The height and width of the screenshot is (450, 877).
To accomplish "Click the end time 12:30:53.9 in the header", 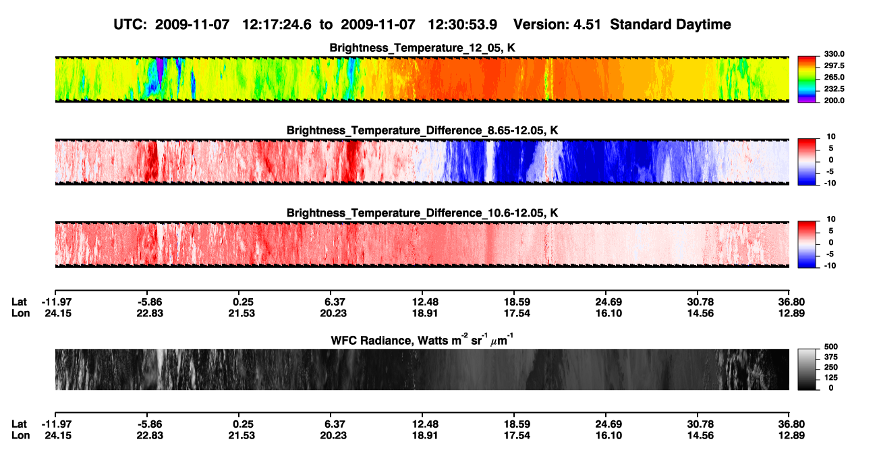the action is [x=462, y=25].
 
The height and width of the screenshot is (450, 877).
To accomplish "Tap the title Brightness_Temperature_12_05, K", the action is [x=422, y=48].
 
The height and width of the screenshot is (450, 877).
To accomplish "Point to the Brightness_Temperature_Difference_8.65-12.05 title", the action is [x=422, y=130].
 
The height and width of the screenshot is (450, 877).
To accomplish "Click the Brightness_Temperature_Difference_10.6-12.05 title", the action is [x=422, y=213].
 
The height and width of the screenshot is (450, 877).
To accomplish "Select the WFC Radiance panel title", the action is [x=422, y=339].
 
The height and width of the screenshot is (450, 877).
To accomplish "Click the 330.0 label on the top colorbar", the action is [x=834, y=54].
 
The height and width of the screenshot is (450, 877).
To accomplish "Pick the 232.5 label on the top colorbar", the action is [x=834, y=89].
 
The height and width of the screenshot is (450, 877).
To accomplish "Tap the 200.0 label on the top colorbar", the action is [x=834, y=101].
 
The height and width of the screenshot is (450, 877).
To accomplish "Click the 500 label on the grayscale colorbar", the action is [x=831, y=347].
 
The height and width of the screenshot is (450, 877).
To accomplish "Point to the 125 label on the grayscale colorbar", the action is [x=831, y=378].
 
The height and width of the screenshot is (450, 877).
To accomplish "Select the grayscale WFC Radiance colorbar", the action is [x=807, y=369].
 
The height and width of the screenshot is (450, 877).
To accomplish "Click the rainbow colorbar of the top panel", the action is [x=807, y=80].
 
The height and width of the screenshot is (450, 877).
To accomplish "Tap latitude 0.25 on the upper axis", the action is [x=243, y=302].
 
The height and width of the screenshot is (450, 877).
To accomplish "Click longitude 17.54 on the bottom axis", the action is [x=517, y=436].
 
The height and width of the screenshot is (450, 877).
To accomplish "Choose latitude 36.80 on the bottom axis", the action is [x=791, y=424].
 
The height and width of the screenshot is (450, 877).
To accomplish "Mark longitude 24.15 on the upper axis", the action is [x=58, y=314].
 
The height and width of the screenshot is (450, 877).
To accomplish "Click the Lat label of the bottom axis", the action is [x=19, y=424].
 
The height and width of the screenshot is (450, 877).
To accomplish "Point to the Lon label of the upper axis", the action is [x=20, y=314].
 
